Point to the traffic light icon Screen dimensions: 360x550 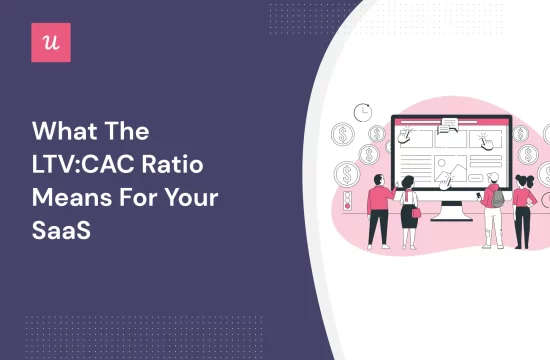pos(345,201)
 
